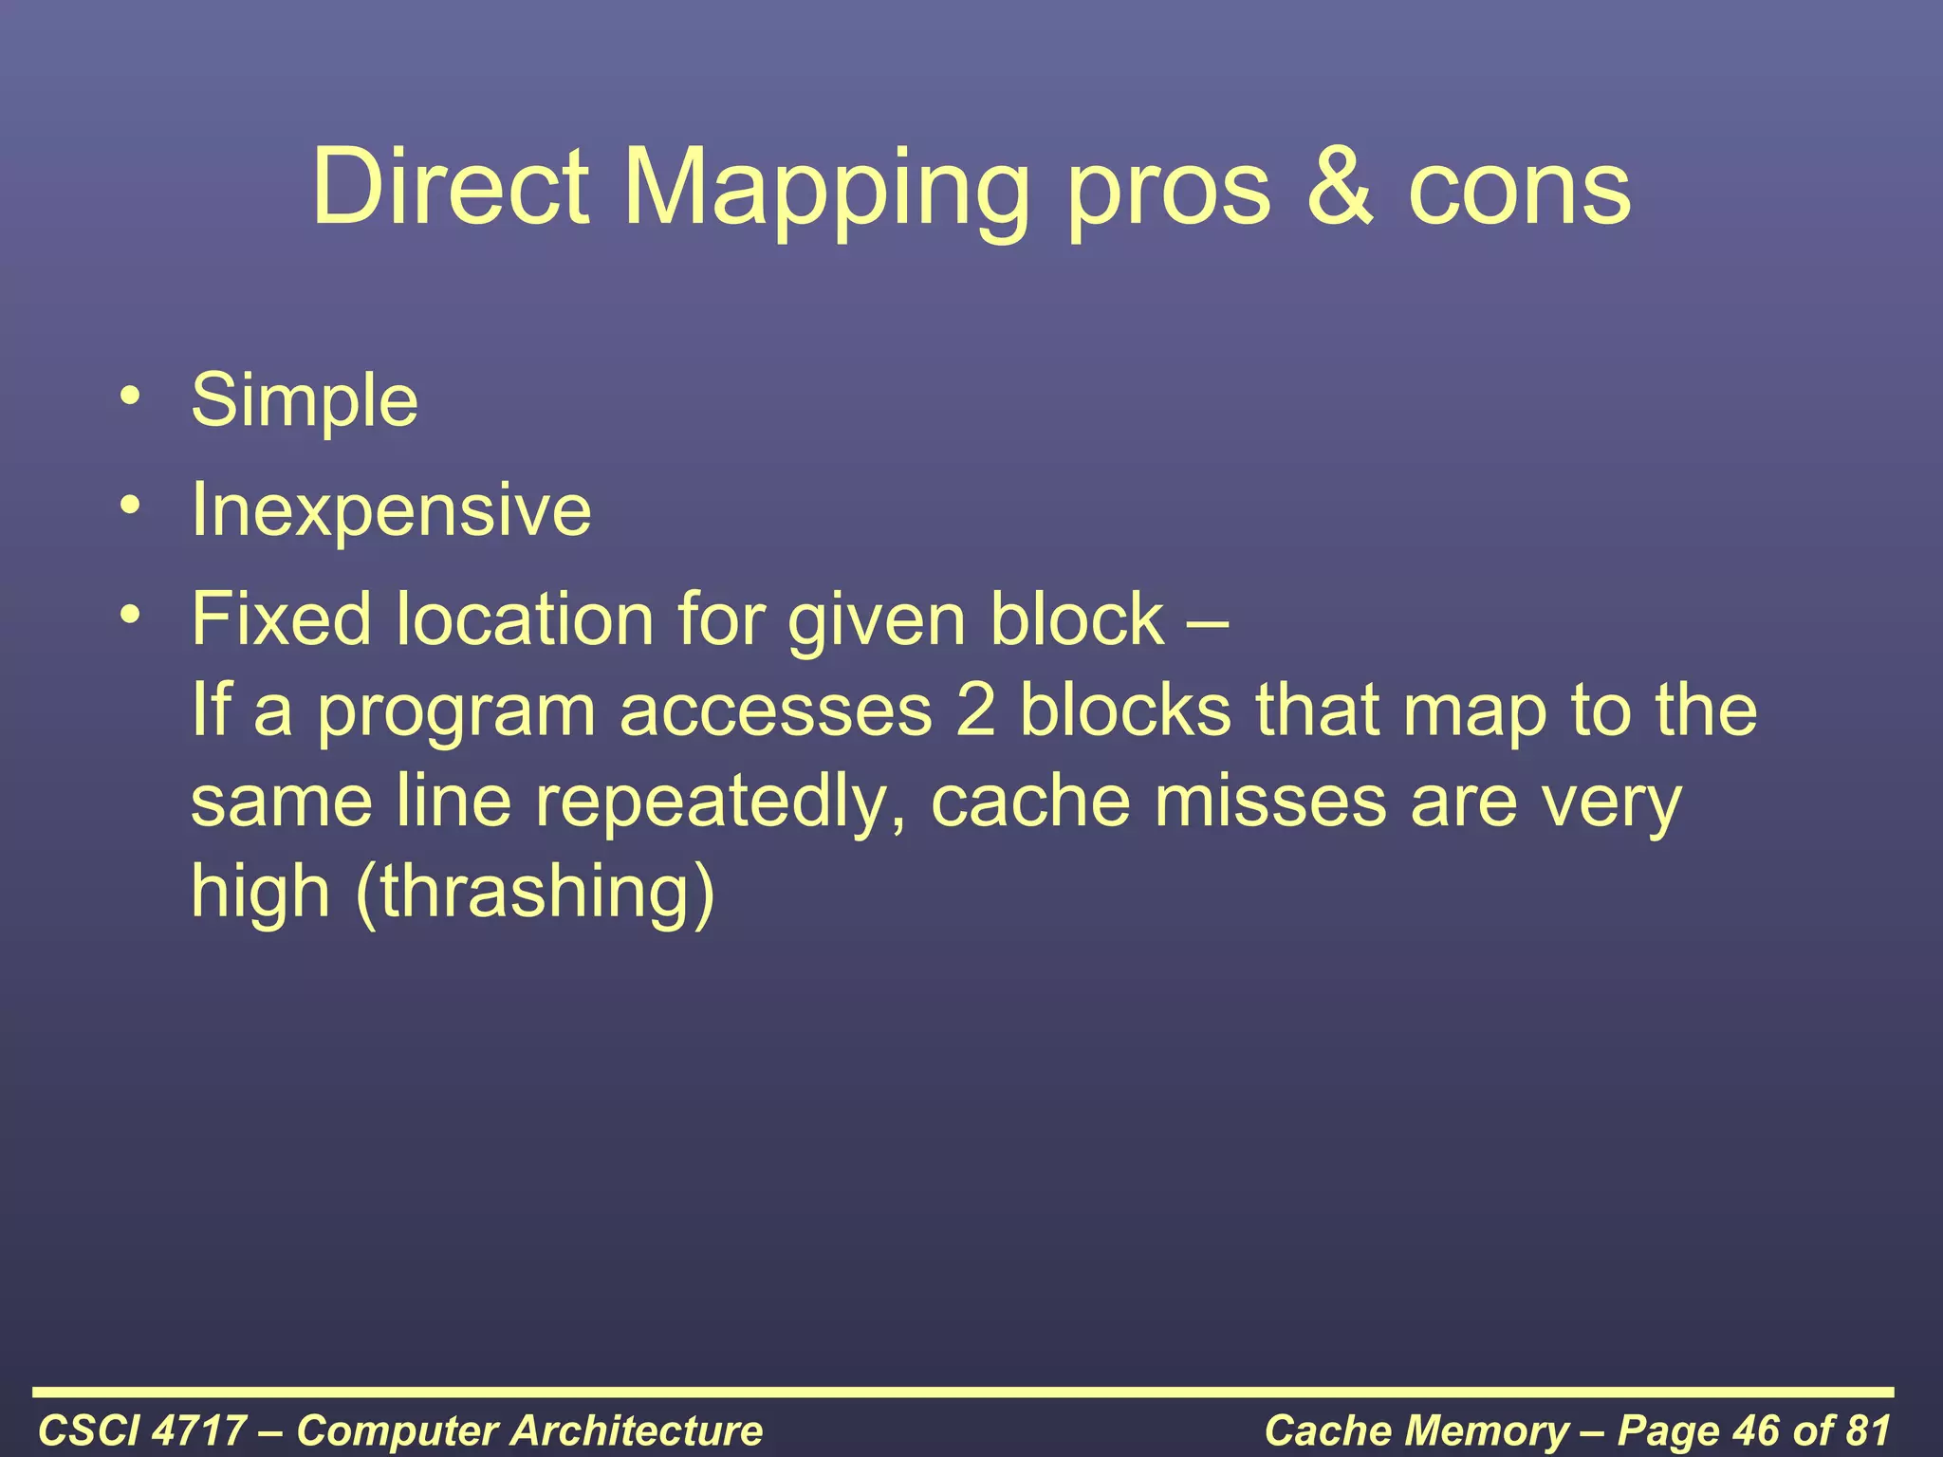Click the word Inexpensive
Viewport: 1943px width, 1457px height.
391,510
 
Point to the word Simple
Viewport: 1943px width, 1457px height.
304,401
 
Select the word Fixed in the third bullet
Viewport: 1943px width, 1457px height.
281,618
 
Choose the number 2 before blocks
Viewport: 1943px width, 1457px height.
975,711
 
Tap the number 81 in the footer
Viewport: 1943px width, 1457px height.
1864,1430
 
